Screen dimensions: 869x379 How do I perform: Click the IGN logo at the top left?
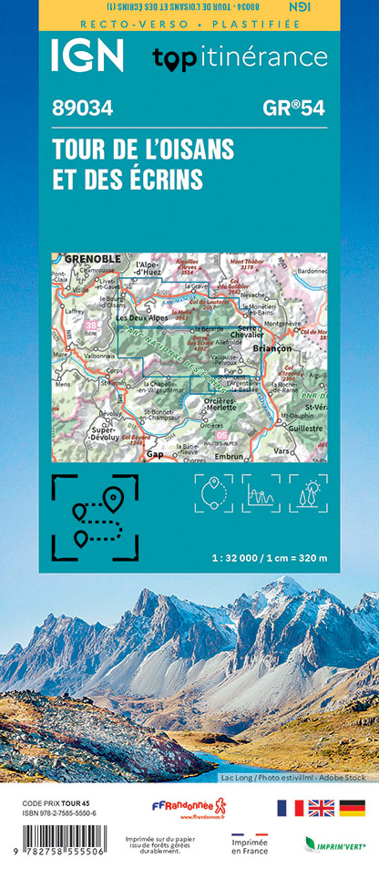tap(87, 56)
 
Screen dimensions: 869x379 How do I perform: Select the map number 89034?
tap(83, 109)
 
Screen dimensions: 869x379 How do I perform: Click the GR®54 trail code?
tap(292, 109)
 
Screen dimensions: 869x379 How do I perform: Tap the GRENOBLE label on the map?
tap(92, 260)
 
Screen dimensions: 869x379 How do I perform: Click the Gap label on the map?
tap(155, 453)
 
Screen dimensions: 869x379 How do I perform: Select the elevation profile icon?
tap(261, 493)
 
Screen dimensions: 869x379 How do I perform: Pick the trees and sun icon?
tap(308, 493)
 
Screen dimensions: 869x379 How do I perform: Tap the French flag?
tap(290, 808)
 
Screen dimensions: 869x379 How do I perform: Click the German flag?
tap(352, 808)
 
